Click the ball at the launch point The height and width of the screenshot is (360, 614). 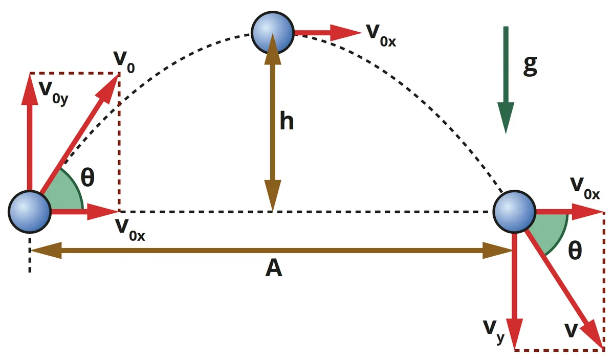click(x=30, y=212)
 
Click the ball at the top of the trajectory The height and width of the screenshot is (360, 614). click(x=272, y=33)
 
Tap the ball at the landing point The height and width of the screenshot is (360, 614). click(x=514, y=212)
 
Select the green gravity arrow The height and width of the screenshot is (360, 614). click(x=506, y=80)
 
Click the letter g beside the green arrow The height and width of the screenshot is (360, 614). click(x=530, y=66)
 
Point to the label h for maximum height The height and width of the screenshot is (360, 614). click(x=287, y=121)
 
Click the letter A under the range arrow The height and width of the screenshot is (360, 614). click(x=274, y=268)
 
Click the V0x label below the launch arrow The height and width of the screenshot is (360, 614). click(x=130, y=230)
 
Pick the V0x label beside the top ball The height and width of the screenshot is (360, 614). click(x=381, y=36)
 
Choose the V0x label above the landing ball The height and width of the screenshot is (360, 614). click(x=585, y=189)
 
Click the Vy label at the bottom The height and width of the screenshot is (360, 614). click(x=494, y=332)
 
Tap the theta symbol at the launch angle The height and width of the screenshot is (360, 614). click(x=87, y=177)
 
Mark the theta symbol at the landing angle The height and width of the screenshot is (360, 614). click(x=575, y=250)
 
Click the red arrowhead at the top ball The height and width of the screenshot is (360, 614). click(x=346, y=33)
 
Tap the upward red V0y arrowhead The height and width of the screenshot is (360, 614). click(x=30, y=89)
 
